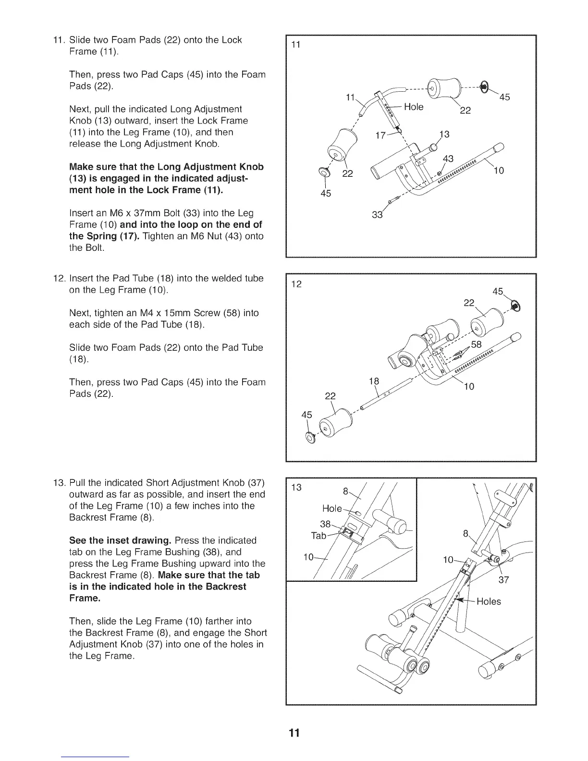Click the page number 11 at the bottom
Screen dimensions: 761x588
coord(294,733)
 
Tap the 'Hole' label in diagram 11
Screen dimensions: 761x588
coord(414,107)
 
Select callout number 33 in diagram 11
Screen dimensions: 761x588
coord(377,215)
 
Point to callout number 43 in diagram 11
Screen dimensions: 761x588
coord(448,159)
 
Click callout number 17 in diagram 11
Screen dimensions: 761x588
coord(380,135)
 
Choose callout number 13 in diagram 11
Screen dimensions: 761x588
coord(445,134)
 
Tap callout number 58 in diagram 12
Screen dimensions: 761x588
coord(476,344)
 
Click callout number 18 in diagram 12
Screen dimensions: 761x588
coord(374,381)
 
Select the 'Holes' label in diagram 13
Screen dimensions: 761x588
coord(489,601)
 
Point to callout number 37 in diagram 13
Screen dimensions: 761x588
coord(503,579)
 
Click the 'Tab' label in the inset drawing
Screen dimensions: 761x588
coord(318,536)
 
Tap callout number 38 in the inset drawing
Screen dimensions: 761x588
coord(326,524)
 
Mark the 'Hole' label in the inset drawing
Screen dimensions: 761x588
coord(332,509)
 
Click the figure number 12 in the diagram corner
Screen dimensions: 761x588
coord(297,284)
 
